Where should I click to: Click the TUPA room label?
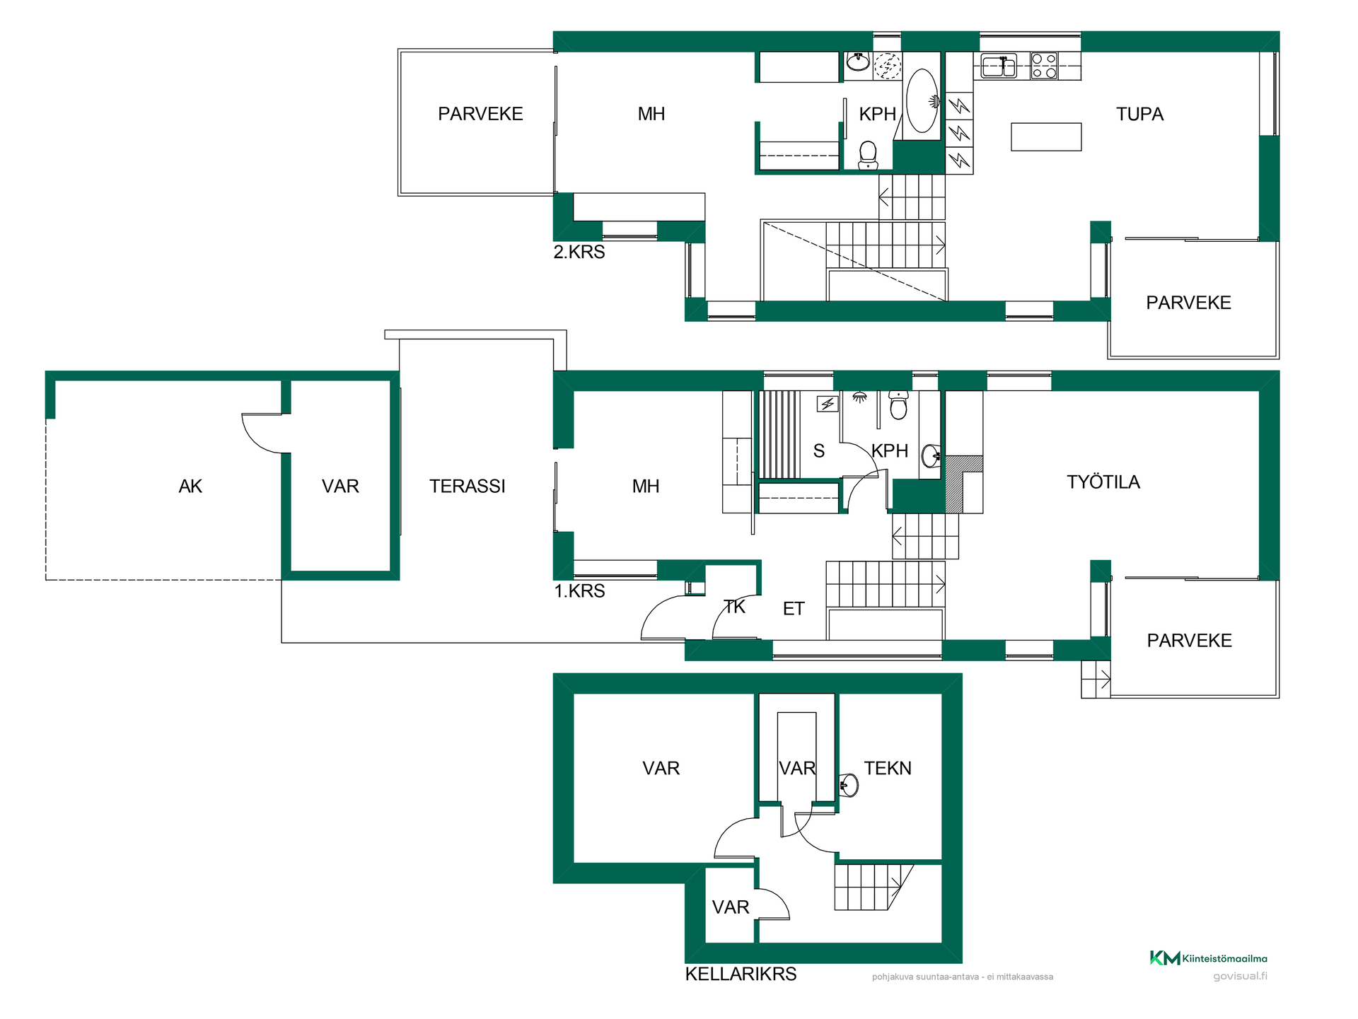tap(1139, 114)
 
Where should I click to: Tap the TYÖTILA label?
tap(1103, 482)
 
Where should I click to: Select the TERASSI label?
tap(468, 487)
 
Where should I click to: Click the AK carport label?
tap(190, 487)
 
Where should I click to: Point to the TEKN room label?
tap(888, 768)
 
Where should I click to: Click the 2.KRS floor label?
tap(579, 252)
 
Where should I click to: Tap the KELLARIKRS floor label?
tap(741, 974)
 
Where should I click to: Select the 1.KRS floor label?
tap(579, 591)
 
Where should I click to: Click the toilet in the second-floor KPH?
tap(868, 156)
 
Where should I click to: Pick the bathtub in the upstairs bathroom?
tap(922, 100)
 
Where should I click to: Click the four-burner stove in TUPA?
tap(1044, 66)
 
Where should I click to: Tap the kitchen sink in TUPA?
tap(999, 66)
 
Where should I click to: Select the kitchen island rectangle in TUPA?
tap(1046, 137)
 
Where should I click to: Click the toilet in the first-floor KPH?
tap(898, 404)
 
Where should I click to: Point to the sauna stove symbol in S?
tap(828, 404)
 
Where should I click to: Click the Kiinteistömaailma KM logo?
tap(1208, 958)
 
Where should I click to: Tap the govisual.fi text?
tap(1240, 977)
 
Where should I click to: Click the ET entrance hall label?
tap(794, 609)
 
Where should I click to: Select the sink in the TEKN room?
tap(849, 785)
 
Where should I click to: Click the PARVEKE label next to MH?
tap(480, 114)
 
